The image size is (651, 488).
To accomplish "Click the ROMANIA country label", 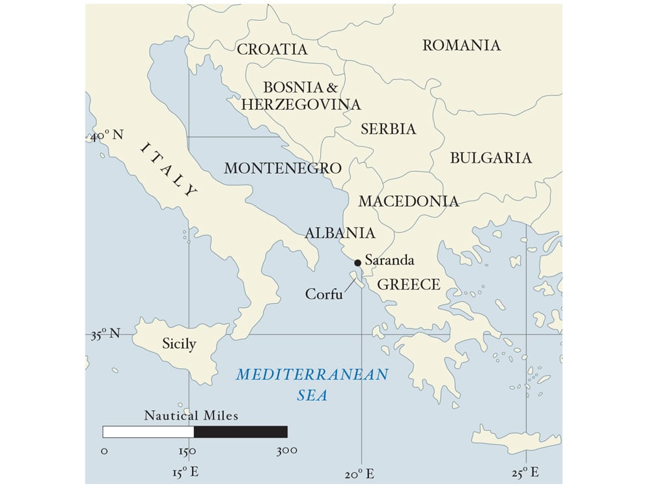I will (x=462, y=46).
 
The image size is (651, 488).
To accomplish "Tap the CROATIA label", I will (x=272, y=49).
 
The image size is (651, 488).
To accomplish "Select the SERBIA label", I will (x=388, y=129).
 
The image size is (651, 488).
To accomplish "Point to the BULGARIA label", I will (x=491, y=158).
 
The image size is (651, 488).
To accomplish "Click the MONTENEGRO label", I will (x=283, y=168).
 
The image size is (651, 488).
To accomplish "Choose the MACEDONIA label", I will (x=408, y=202).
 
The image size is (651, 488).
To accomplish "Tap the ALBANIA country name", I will (x=340, y=234).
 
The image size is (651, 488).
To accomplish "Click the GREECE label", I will (x=409, y=284).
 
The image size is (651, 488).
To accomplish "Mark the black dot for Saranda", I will (x=357, y=263).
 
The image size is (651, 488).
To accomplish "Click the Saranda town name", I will (x=389, y=260).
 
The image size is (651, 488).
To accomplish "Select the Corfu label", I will (x=324, y=294).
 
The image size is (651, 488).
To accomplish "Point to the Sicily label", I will (x=179, y=344).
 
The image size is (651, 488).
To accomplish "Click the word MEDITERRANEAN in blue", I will (x=312, y=375).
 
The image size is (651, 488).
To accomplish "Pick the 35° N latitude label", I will (x=106, y=334).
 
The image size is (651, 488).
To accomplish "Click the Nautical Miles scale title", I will (x=191, y=415).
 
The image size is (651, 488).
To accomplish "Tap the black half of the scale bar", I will (x=240, y=431).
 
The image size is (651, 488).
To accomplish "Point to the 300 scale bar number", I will (x=286, y=450).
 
